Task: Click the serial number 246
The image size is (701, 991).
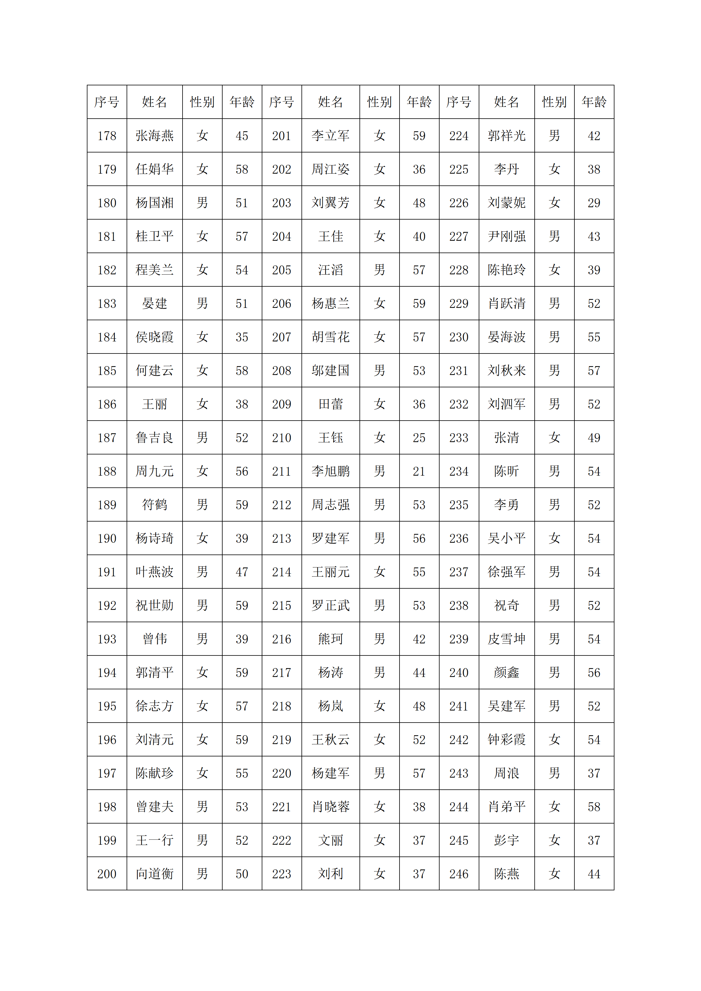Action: click(458, 874)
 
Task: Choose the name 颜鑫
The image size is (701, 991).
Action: click(506, 673)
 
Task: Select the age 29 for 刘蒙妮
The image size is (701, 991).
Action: click(594, 203)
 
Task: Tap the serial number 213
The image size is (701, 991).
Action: click(281, 538)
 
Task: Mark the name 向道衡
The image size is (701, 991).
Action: click(155, 874)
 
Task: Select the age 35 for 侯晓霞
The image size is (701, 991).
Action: click(242, 337)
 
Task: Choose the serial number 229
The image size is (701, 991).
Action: click(458, 303)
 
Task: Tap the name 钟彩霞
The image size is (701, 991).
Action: click(506, 740)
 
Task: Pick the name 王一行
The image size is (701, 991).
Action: click(155, 840)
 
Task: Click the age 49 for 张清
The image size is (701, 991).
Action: click(594, 438)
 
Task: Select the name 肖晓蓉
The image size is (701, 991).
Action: click(330, 807)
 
